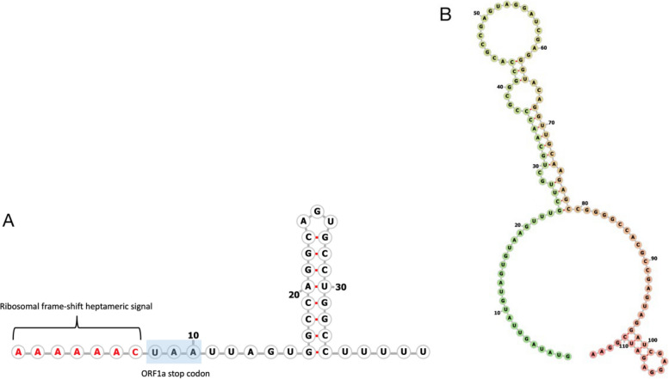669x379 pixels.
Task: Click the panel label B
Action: [x=445, y=14]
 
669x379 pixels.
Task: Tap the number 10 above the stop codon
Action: [x=195, y=333]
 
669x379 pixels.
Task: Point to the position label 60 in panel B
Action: [x=544, y=48]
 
